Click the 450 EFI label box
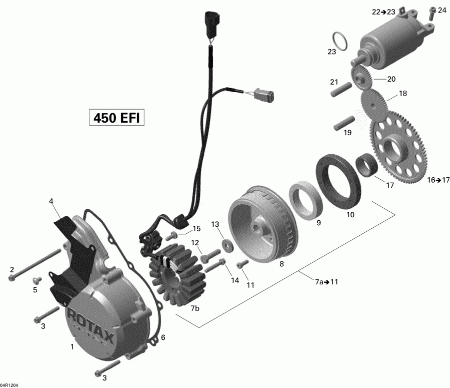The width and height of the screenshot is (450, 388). coord(116,118)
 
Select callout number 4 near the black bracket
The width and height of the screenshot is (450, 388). coord(51,201)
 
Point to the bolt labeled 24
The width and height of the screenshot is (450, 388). coord(430,17)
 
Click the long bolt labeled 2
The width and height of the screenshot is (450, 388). coord(35,264)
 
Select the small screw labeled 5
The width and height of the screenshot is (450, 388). coord(36,280)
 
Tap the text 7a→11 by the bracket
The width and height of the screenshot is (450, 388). coord(326,282)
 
